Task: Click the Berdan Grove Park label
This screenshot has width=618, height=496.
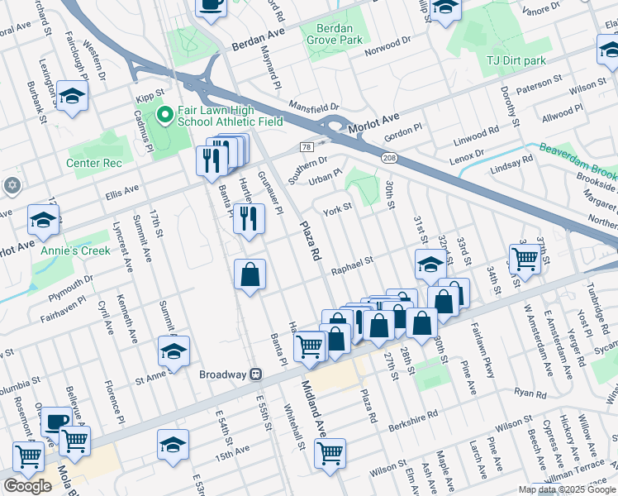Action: (x=340, y=34)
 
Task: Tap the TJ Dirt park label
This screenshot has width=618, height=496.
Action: (x=516, y=60)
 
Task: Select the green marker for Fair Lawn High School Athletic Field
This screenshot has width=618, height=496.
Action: (x=164, y=115)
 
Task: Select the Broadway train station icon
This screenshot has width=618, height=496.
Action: (x=256, y=374)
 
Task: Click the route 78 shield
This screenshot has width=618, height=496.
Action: (x=307, y=147)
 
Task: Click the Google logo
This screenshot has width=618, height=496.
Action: (x=27, y=485)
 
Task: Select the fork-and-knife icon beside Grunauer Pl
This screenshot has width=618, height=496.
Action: (x=248, y=219)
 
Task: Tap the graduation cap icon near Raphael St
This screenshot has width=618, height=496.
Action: (x=430, y=265)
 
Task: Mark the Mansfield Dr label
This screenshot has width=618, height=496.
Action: (x=314, y=107)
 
